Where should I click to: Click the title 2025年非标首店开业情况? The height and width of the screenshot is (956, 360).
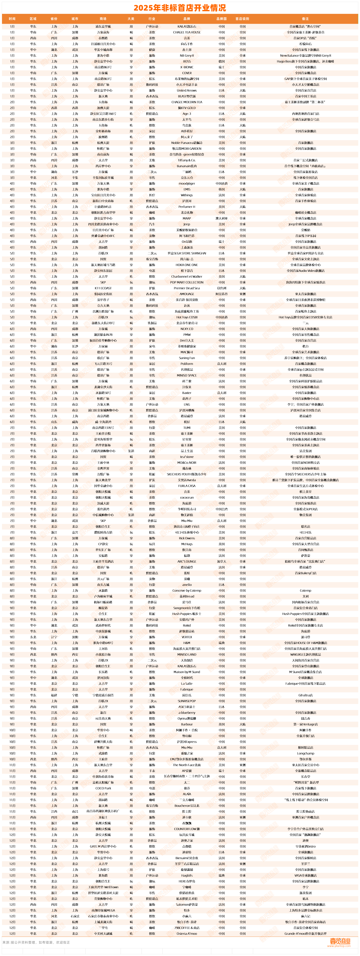click(180, 8)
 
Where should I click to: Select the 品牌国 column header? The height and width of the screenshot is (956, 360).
click(222, 19)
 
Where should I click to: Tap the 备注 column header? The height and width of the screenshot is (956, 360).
click(305, 19)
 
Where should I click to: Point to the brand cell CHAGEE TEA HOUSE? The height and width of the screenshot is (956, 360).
click(187, 32)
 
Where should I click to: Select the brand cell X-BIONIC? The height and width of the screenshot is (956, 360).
click(187, 67)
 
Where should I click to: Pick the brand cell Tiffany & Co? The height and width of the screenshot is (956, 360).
click(187, 160)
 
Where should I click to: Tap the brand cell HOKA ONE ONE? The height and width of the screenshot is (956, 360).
click(187, 265)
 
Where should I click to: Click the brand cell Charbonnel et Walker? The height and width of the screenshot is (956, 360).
click(187, 276)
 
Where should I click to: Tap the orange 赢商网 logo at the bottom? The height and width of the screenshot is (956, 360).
click(340, 941)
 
